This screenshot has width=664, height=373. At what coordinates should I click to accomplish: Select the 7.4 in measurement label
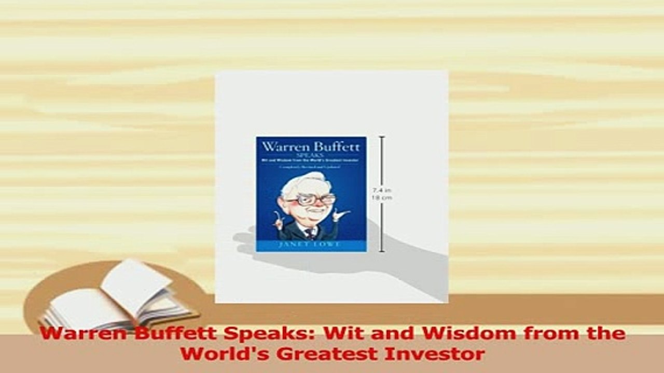click(381, 191)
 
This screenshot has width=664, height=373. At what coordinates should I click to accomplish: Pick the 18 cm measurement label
click(383, 197)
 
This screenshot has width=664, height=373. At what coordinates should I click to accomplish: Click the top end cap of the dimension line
click(382, 137)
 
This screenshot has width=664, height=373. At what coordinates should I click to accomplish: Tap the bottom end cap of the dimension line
click(382, 252)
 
